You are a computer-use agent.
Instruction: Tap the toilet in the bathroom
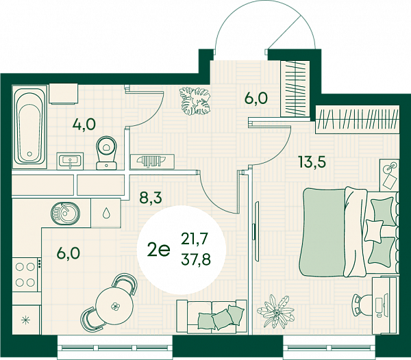point(106,153)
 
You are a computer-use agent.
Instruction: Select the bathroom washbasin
point(70,161)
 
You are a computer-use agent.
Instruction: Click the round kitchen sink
point(65,212)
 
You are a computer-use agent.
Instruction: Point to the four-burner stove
point(25,274)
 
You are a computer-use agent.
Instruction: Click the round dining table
point(114,305)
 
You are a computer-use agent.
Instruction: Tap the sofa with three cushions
point(212,317)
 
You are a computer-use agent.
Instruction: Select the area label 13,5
point(312,162)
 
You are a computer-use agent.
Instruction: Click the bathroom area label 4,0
point(84,125)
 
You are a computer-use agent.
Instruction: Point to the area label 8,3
point(151,198)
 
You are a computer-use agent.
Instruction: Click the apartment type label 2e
point(159,250)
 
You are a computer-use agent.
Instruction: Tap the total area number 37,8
point(196,260)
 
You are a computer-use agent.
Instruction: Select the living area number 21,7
point(195,239)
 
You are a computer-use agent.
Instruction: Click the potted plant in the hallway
point(195,101)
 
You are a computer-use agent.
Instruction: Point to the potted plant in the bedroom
point(275,311)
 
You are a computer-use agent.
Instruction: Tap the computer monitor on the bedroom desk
point(385,303)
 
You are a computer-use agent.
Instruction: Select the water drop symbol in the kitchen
point(106,213)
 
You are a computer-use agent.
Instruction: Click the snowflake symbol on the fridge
point(25,320)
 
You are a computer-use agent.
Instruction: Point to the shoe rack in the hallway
point(152,161)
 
